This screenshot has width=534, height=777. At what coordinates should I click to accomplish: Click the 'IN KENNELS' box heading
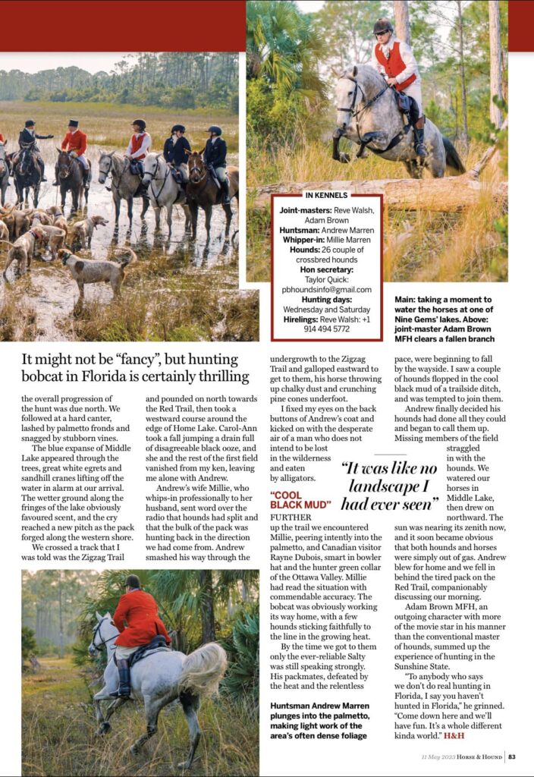(327, 196)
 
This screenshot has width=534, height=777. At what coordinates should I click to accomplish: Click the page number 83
(513, 756)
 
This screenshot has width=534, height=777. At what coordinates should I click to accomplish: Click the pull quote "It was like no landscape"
(390, 486)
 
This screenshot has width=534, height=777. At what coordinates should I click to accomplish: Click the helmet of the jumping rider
(383, 27)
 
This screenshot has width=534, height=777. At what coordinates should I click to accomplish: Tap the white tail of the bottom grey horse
(203, 668)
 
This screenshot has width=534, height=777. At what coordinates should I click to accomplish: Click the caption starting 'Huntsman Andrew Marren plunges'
(321, 715)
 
